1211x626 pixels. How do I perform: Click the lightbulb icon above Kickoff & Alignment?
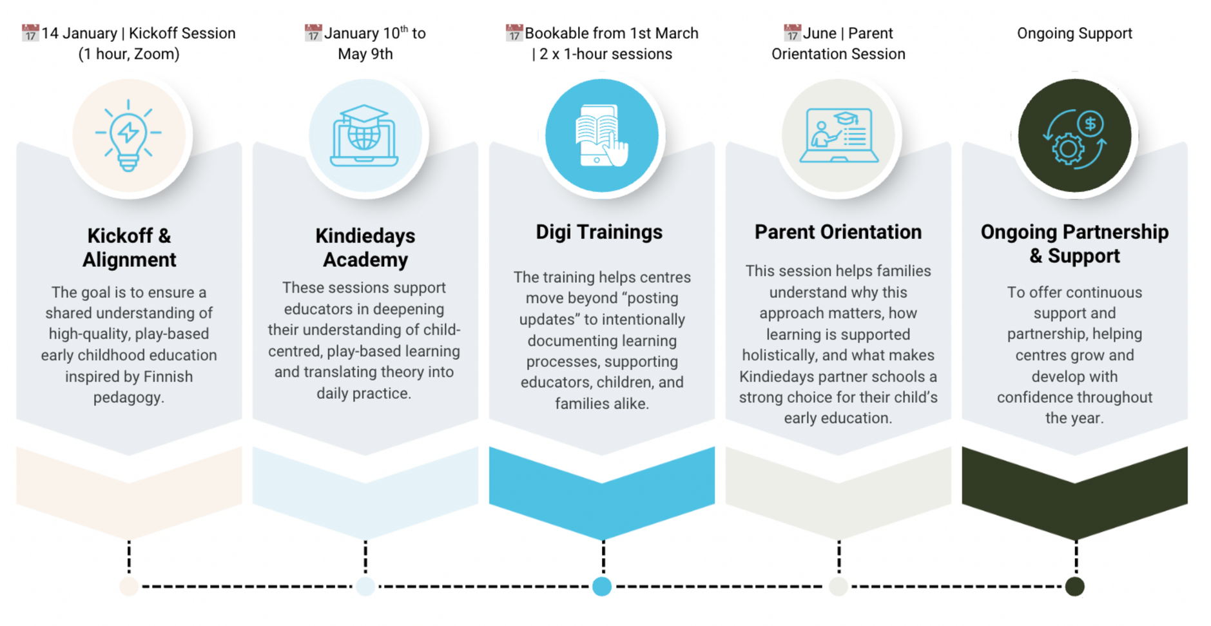click(x=128, y=135)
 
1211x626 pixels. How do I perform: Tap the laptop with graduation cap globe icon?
click(x=364, y=135)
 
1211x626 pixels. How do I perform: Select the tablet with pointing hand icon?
click(x=601, y=135)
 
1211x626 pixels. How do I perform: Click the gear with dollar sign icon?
click(x=1074, y=139)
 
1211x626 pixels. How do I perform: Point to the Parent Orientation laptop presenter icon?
click(x=838, y=135)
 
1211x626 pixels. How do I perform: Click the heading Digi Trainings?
click(x=599, y=232)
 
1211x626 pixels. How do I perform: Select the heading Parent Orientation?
click(x=838, y=232)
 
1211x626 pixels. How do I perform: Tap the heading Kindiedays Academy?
click(x=365, y=248)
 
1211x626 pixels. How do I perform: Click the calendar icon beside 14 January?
click(x=30, y=33)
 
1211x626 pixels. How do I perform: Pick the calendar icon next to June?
click(x=792, y=33)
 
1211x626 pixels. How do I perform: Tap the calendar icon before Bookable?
click(x=514, y=33)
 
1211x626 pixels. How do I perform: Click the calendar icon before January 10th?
click(x=313, y=33)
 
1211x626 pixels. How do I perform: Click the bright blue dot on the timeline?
click(x=602, y=587)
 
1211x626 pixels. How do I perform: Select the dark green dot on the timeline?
click(x=1074, y=587)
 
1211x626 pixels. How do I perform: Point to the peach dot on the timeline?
click(x=129, y=587)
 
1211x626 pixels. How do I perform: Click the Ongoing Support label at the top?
click(x=1074, y=34)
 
